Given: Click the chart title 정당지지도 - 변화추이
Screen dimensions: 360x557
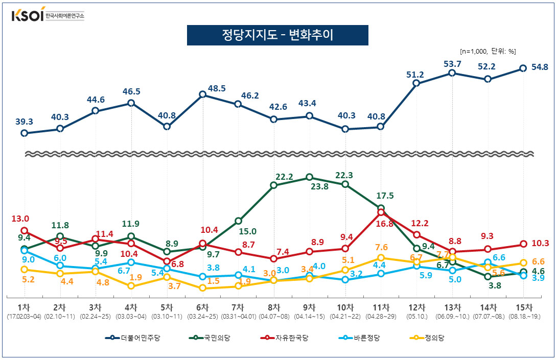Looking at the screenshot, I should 277,35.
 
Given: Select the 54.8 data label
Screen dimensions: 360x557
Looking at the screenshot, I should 540,66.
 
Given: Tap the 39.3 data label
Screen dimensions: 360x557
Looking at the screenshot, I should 24,121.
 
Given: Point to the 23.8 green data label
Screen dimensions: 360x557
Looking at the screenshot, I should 319,187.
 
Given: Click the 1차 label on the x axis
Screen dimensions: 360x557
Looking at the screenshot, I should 24,307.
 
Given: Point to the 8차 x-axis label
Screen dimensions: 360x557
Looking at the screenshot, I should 274,307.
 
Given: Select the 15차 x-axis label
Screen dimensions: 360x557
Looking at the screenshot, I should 524,307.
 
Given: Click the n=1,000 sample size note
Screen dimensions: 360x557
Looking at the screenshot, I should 488,51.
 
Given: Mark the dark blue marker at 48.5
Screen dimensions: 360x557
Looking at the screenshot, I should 203,94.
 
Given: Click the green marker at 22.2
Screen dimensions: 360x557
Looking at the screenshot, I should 274,185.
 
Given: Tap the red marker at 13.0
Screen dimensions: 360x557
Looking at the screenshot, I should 24,231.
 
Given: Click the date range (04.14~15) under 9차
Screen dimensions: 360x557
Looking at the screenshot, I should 309,317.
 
